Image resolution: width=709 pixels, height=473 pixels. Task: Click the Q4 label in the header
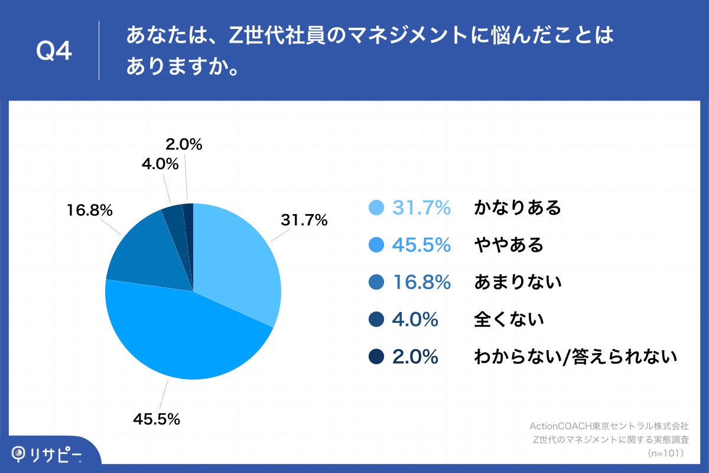click(54, 51)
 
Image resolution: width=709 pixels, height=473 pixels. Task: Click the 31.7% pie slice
click(236, 260)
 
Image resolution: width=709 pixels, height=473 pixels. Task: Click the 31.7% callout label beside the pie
click(304, 221)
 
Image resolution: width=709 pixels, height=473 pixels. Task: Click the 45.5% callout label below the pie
click(156, 419)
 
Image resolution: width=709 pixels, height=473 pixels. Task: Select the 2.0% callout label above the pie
click(183, 144)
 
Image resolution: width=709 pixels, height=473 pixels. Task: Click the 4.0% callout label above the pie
click(160, 164)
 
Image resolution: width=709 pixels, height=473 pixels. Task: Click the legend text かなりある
click(517, 208)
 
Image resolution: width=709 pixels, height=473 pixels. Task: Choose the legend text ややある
click(508, 245)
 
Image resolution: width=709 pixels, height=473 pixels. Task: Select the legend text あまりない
click(517, 283)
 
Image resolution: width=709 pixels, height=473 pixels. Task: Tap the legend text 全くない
click(508, 320)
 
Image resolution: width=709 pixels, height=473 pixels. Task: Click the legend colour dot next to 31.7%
click(376, 208)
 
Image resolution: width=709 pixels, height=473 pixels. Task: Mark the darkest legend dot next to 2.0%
click(376, 357)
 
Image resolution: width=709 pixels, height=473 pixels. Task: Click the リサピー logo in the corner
click(47, 454)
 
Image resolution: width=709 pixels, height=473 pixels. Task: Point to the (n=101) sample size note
click(666, 453)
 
